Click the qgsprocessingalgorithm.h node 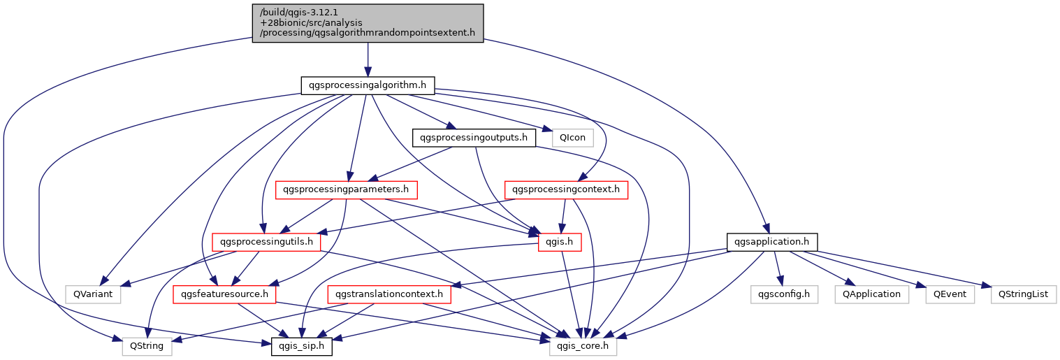pyautogui.click(x=368, y=85)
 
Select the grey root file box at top pyautogui.click(x=368, y=23)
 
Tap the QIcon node pyautogui.click(x=572, y=138)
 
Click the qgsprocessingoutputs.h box pyautogui.click(x=474, y=138)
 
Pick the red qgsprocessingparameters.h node pyautogui.click(x=347, y=189)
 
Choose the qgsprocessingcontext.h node pyautogui.click(x=567, y=189)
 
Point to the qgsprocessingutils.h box pyautogui.click(x=266, y=242)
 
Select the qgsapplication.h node pyautogui.click(x=772, y=242)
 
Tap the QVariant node pyautogui.click(x=92, y=294)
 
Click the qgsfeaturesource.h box pyautogui.click(x=224, y=294)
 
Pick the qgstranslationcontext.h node pyautogui.click(x=389, y=294)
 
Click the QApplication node pyautogui.click(x=871, y=294)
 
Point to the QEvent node pyautogui.click(x=950, y=294)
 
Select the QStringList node pyautogui.click(x=1023, y=294)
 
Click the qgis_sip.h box pyautogui.click(x=301, y=346)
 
